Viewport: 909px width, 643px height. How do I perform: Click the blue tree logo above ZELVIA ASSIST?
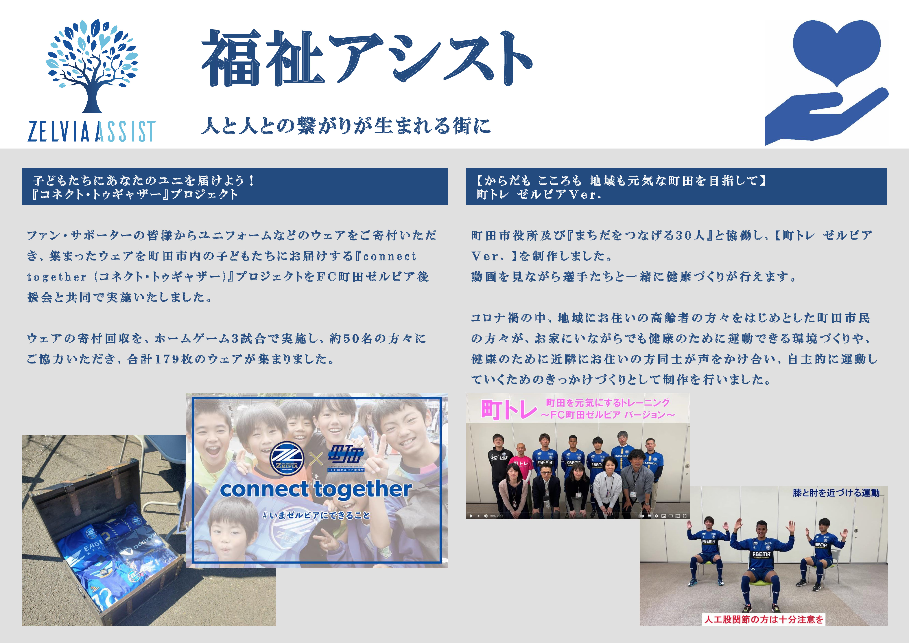click(92, 65)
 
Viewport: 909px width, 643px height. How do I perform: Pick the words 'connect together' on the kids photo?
click(316, 489)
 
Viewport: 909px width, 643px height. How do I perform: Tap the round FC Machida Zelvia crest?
click(287, 459)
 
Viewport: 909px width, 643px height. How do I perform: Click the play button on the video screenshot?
click(471, 516)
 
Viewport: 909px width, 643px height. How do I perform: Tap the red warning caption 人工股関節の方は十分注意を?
click(764, 619)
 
